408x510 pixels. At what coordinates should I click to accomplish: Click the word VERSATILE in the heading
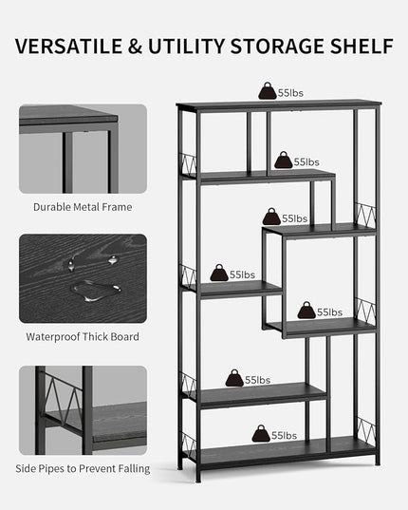click(x=69, y=47)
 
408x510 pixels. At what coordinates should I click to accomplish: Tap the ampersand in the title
click(x=135, y=47)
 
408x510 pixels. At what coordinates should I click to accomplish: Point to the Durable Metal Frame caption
click(x=83, y=207)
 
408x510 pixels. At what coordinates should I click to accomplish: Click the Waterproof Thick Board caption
click(x=83, y=336)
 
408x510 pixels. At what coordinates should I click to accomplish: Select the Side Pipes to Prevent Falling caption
click(x=83, y=469)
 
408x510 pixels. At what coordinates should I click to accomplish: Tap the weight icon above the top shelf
click(x=268, y=91)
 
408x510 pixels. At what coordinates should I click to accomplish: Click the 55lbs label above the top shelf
click(x=290, y=93)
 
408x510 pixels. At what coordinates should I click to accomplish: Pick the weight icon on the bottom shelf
click(x=261, y=433)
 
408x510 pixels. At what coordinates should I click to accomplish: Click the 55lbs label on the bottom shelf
click(x=284, y=436)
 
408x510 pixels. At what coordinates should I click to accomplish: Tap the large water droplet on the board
click(x=96, y=290)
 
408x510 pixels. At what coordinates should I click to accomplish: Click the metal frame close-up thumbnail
click(x=83, y=149)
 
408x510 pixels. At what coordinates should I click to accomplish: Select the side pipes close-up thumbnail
click(x=83, y=410)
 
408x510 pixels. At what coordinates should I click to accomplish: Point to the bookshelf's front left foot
click(x=198, y=478)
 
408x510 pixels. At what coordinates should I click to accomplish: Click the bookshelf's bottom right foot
click(x=377, y=461)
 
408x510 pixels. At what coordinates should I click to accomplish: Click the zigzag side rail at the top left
click(x=189, y=164)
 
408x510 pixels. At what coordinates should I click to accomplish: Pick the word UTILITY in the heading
click(x=187, y=47)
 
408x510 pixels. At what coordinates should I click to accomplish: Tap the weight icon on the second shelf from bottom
click(x=234, y=378)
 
